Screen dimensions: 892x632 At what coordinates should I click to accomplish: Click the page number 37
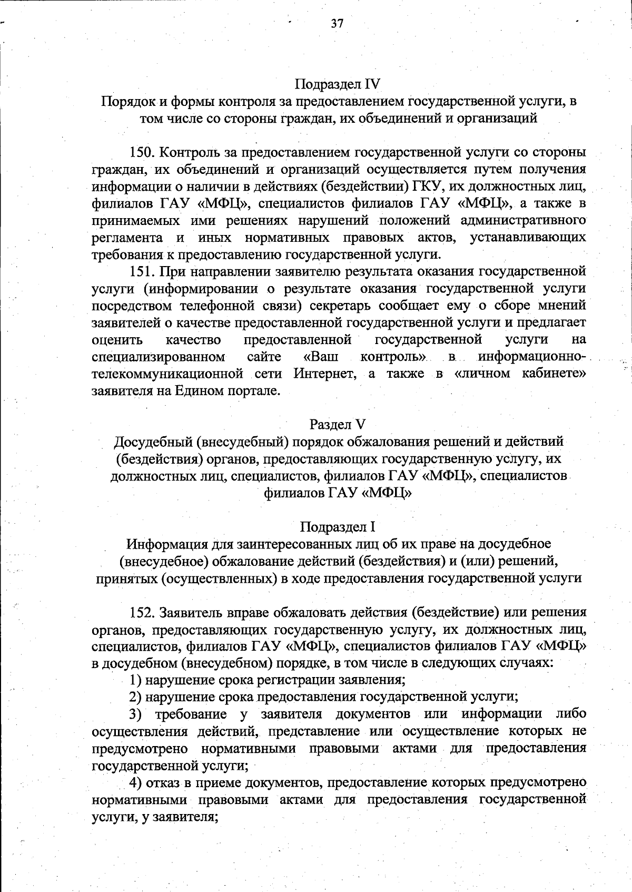tap(337, 24)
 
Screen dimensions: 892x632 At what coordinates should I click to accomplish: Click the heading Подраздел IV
tap(337, 84)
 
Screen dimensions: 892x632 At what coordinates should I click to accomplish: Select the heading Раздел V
tap(337, 424)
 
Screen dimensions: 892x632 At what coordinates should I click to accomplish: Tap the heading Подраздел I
tap(337, 526)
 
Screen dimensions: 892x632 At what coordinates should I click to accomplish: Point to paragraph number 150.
tap(141, 153)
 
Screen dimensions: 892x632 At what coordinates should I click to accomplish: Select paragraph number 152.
tap(141, 612)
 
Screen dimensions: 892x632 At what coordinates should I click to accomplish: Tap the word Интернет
tap(321, 374)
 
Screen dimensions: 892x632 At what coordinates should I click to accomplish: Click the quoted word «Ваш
tap(321, 357)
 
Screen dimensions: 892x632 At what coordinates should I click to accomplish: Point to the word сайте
tap(264, 357)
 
